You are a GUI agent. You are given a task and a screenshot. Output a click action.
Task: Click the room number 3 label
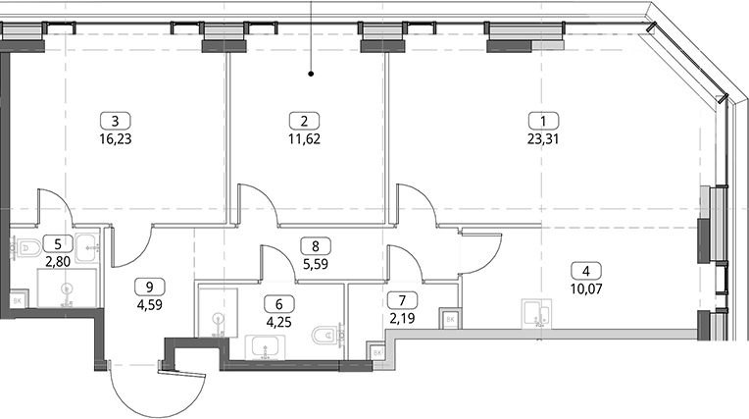click(x=115, y=121)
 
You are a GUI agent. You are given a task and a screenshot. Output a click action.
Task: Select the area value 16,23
click(x=115, y=139)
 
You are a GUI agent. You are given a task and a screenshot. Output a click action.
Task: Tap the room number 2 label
click(x=304, y=121)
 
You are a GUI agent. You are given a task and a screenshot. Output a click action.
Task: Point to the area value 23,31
click(x=543, y=139)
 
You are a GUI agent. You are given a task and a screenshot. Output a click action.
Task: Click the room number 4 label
click(x=586, y=271)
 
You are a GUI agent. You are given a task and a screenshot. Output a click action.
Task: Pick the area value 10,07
click(x=586, y=288)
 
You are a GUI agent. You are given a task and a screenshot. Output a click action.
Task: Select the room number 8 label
click(x=316, y=246)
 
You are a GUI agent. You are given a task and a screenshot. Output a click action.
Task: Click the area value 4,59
click(x=150, y=304)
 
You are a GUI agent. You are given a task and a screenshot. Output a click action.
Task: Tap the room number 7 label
click(x=402, y=300)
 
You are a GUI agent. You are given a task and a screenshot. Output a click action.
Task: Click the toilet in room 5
click(x=21, y=248)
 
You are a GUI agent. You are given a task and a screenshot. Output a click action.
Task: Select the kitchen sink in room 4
click(x=536, y=314)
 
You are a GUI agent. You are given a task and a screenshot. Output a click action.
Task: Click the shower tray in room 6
click(x=218, y=312)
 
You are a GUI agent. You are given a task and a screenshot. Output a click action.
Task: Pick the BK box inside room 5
click(x=18, y=301)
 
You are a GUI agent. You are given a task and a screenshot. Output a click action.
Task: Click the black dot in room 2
click(x=311, y=74)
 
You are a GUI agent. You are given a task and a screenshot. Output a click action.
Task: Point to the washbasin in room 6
click(x=265, y=347)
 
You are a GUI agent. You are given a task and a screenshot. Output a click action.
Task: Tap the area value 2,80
click(x=58, y=261)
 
